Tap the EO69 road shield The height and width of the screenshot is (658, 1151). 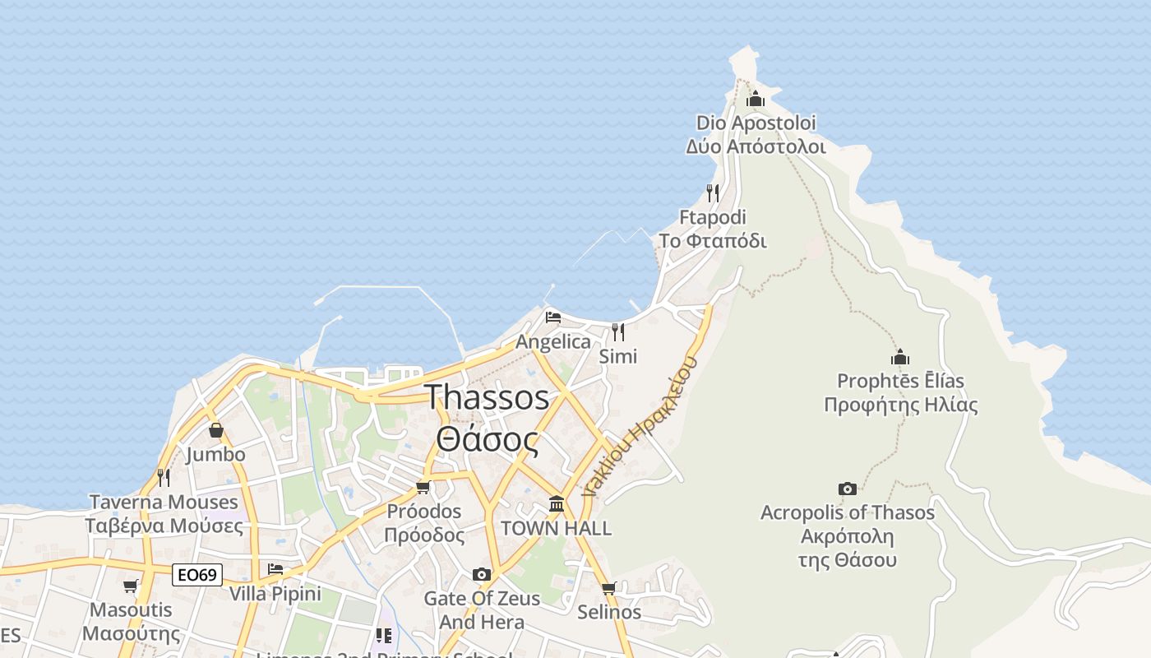[x=197, y=574]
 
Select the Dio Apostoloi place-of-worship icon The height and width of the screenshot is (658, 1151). [x=756, y=100]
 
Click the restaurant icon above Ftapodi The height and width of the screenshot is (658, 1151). [x=713, y=193]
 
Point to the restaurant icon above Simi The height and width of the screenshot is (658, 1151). [x=618, y=332]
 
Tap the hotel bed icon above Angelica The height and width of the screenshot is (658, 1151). [x=553, y=317]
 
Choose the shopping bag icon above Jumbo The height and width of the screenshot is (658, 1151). [x=215, y=430]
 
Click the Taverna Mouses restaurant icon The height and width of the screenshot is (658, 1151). [x=164, y=477]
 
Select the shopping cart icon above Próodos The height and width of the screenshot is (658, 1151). [x=423, y=488]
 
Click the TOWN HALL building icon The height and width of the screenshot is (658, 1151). [x=557, y=503]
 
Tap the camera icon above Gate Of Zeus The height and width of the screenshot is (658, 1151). [x=482, y=574]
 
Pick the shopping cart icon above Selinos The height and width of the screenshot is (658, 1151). [x=608, y=588]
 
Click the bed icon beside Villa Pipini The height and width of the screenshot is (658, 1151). [x=275, y=569]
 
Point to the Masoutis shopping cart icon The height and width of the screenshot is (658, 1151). [x=131, y=586]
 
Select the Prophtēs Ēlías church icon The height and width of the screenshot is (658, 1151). [x=900, y=358]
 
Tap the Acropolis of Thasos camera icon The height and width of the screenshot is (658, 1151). [x=848, y=489]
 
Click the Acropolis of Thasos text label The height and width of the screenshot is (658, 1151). [x=848, y=536]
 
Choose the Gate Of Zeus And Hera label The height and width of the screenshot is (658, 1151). [x=482, y=609]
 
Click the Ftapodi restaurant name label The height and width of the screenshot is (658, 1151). [x=713, y=229]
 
